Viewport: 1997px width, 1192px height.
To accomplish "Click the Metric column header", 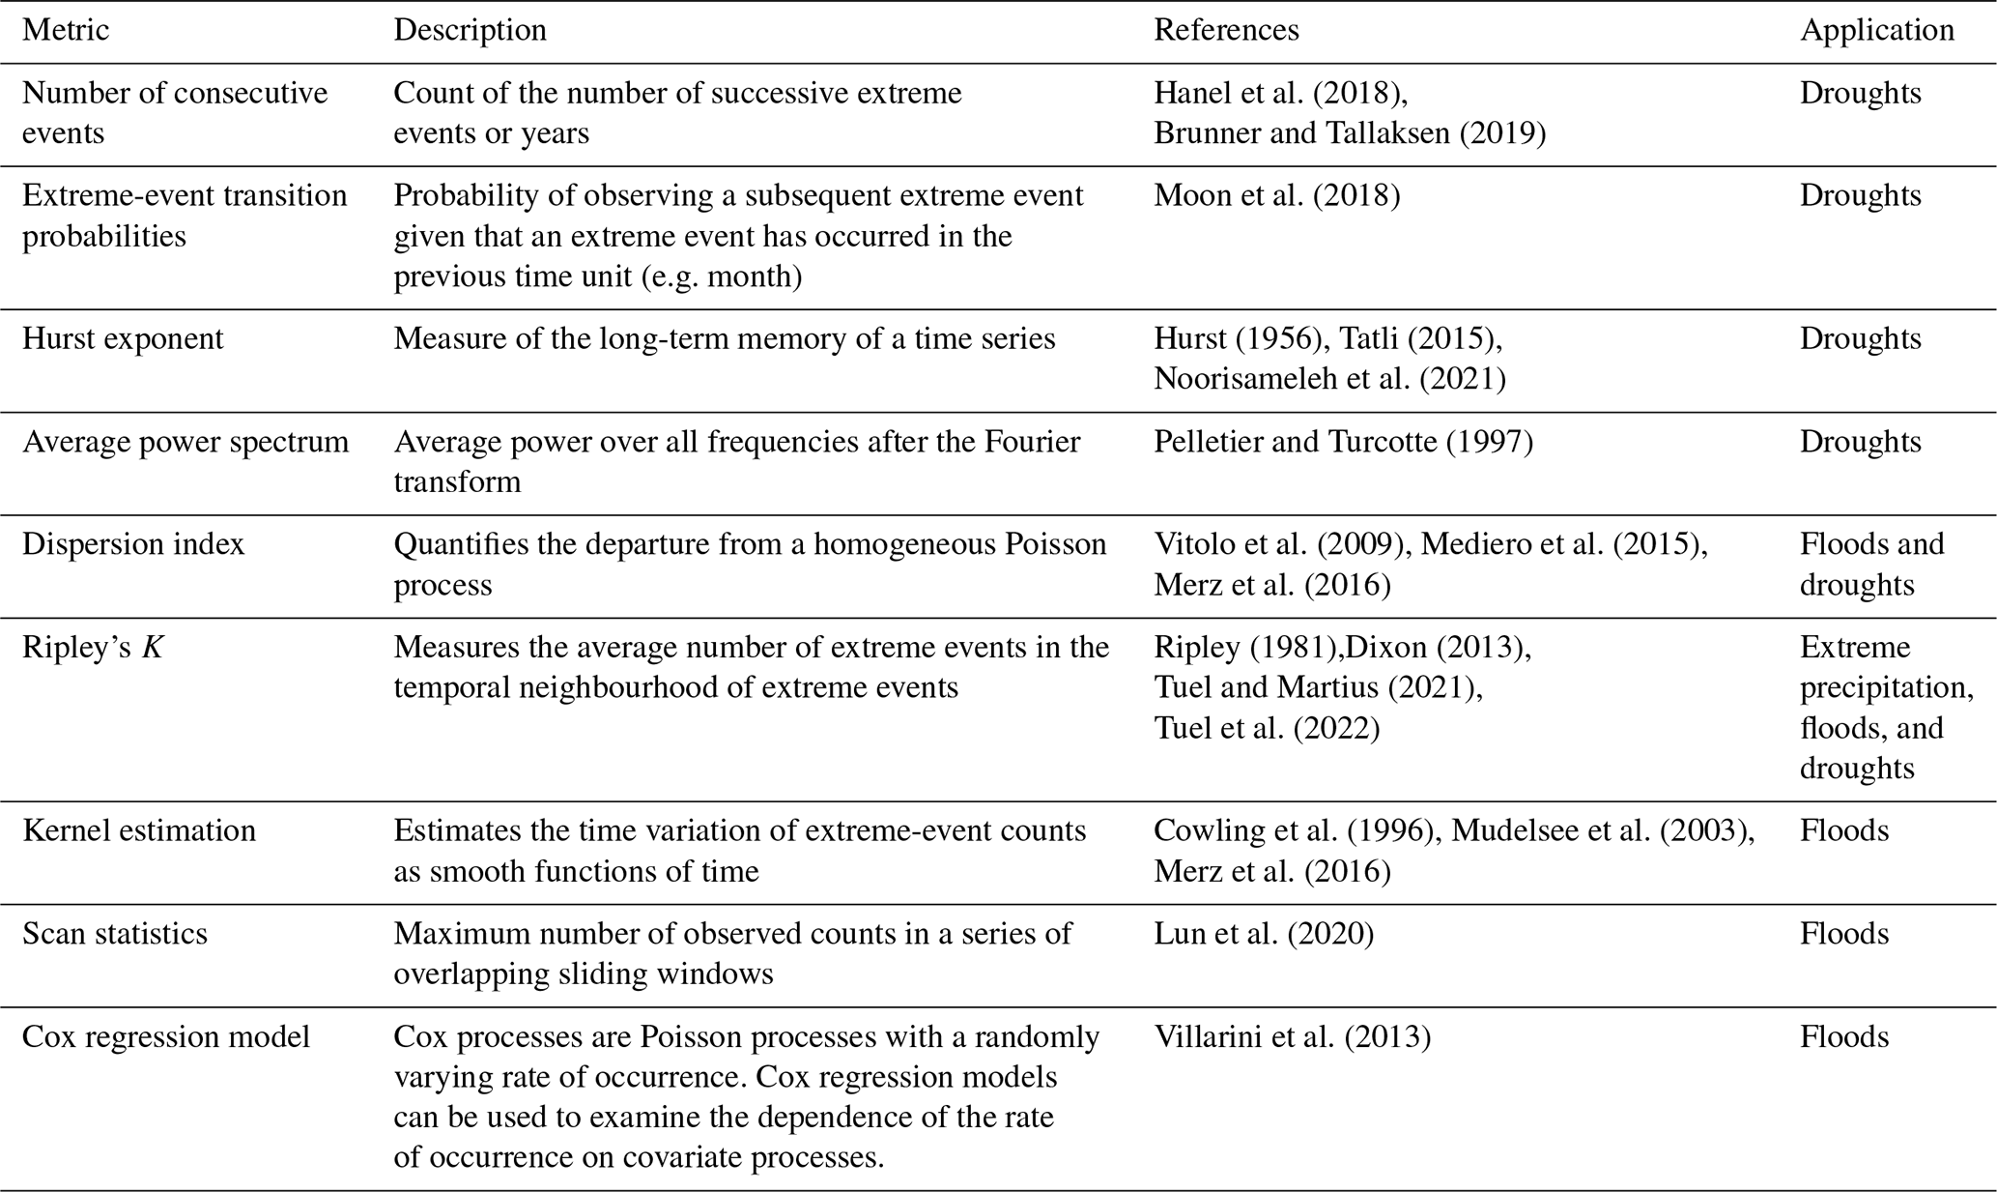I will (x=66, y=31).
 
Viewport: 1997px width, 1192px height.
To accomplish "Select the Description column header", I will (x=470, y=31).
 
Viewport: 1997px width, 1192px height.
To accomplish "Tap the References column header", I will (x=1226, y=31).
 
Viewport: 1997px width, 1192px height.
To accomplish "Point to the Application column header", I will (x=1876, y=31).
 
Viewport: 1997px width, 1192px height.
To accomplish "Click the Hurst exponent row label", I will (x=123, y=339).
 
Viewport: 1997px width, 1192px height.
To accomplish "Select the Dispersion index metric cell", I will (x=133, y=544).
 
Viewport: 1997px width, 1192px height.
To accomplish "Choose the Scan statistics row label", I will (x=115, y=934).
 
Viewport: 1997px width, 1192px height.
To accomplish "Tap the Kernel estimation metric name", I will (x=139, y=831).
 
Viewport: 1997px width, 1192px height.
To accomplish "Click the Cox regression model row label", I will (x=166, y=1037).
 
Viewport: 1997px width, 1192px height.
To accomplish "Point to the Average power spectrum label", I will (x=185, y=442).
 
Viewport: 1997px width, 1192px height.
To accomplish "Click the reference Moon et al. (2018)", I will (x=1276, y=196).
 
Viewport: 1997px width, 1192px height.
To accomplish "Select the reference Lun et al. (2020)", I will (x=1264, y=934).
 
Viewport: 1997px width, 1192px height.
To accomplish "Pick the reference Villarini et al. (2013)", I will (x=1292, y=1037).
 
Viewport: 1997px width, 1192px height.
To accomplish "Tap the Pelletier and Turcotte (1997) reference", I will (x=1343, y=442).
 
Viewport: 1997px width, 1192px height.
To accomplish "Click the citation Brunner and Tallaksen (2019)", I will (x=1350, y=133).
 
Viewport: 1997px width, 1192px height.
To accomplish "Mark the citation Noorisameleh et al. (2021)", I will (x=1329, y=379).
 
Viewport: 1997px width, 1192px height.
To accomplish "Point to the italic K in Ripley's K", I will (x=153, y=648).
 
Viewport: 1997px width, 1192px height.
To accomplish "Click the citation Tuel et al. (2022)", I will (x=1267, y=728).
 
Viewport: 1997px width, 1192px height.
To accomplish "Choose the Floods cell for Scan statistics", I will (x=1843, y=934).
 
